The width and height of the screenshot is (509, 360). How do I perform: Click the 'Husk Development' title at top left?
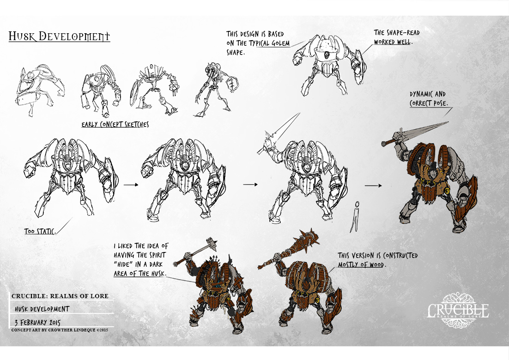pos(59,36)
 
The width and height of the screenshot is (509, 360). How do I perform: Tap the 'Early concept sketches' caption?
pos(115,125)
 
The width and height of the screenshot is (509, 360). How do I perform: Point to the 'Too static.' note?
pos(40,231)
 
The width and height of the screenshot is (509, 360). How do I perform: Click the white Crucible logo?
pos(458,310)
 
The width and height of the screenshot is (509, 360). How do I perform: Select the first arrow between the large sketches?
pos(131,185)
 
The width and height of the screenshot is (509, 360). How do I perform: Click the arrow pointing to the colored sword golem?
pos(373,186)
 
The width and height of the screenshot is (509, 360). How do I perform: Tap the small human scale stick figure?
pos(355,216)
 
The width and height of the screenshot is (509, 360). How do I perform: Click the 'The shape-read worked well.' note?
pos(396,37)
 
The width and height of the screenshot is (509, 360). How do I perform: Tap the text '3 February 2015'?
pos(38,322)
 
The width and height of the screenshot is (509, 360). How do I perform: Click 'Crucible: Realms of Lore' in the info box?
pos(60,296)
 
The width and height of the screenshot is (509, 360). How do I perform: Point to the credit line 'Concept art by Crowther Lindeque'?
pos(60,330)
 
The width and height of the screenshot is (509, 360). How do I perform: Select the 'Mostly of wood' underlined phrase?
pos(361,264)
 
